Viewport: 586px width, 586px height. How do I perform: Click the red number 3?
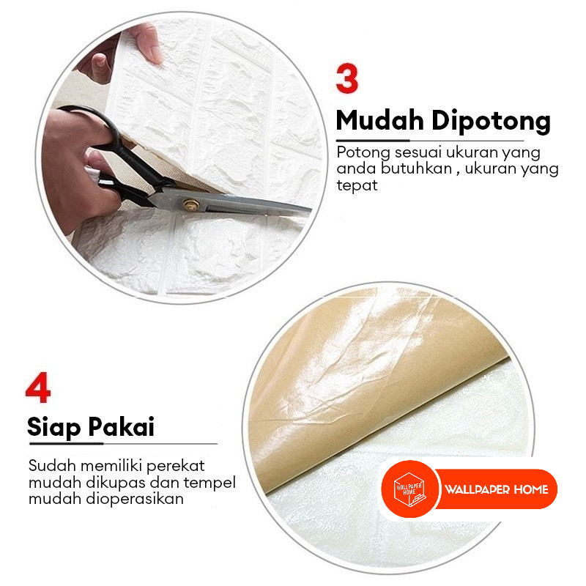(x=347, y=79)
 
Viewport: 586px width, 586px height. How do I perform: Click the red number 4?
(x=38, y=387)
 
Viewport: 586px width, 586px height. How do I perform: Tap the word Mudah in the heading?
(x=380, y=121)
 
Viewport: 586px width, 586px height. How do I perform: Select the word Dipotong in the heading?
(x=491, y=122)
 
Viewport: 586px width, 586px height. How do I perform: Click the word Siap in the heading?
(x=53, y=427)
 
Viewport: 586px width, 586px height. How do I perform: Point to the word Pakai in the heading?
(x=122, y=426)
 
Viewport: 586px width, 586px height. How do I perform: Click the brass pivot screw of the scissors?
(x=191, y=205)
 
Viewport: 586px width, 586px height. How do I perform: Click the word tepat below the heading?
(x=357, y=185)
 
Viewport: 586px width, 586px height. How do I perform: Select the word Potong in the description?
(x=363, y=153)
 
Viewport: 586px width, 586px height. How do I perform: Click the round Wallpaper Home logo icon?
(x=409, y=489)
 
